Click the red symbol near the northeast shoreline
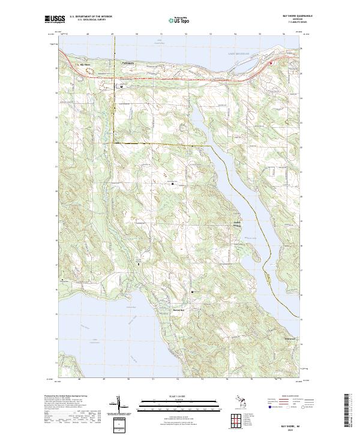click(x=271, y=62)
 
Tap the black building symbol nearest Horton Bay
click(x=192, y=292)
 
